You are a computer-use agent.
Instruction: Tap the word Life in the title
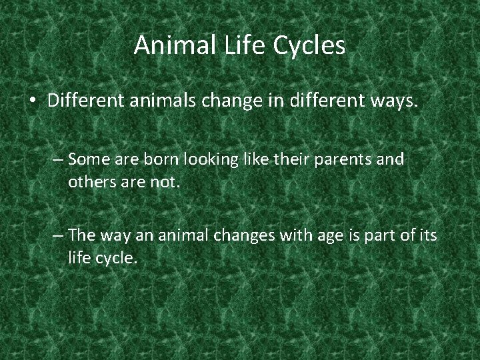[245, 45]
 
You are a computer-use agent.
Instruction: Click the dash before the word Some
[57, 160]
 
